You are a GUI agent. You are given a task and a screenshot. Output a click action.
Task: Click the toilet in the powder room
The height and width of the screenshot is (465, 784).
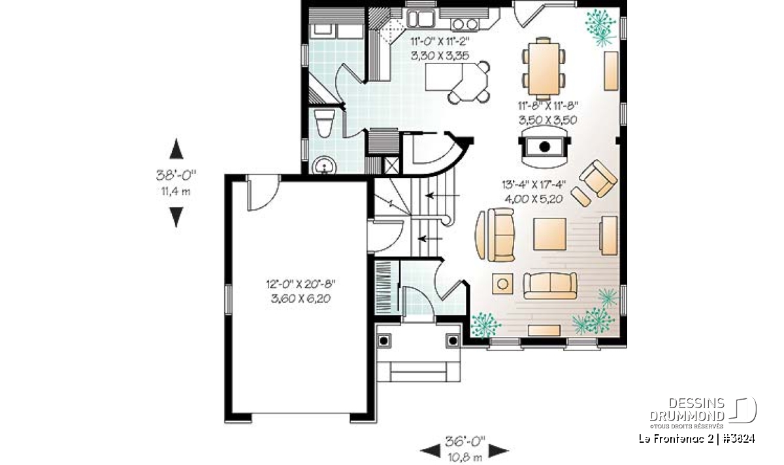(324, 123)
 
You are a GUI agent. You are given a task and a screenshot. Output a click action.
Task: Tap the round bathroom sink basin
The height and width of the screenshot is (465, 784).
(324, 165)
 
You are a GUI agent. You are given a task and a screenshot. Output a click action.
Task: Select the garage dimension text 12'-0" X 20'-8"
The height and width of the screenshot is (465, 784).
(301, 284)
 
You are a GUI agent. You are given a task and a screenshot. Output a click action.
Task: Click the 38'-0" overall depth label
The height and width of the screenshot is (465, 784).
(176, 175)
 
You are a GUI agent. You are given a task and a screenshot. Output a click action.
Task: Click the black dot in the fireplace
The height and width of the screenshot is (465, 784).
(544, 146)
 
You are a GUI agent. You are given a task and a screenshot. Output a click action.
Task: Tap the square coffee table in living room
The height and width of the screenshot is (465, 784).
(549, 234)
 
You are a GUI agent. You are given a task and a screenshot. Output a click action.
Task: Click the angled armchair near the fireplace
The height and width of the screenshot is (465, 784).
(598, 179)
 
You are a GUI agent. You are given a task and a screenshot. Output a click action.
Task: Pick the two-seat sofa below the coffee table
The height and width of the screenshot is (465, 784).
(550, 286)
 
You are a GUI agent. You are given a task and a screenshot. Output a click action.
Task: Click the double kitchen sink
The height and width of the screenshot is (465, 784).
(420, 18)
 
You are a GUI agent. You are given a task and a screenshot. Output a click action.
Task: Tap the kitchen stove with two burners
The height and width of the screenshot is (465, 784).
(465, 24)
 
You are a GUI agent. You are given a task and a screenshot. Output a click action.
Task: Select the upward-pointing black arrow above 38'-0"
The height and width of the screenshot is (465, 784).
(176, 148)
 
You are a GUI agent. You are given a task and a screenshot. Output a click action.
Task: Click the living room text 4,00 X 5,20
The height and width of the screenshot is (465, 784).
(534, 199)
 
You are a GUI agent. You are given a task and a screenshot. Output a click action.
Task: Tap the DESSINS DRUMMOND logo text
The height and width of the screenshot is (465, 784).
(687, 409)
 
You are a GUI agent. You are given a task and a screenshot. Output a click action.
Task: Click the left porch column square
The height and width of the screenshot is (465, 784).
(384, 340)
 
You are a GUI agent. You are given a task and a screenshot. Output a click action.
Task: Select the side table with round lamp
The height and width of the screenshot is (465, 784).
(502, 283)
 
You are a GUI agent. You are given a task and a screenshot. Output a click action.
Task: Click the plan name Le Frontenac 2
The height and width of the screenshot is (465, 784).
(676, 439)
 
